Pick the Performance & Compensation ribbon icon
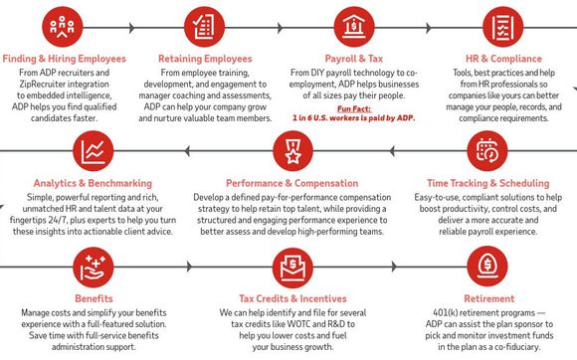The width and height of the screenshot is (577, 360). (291, 152)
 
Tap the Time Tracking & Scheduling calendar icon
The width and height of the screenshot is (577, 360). (487, 152)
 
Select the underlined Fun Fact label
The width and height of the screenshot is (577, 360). (355, 108)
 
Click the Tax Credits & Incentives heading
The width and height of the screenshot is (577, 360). (291, 297)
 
